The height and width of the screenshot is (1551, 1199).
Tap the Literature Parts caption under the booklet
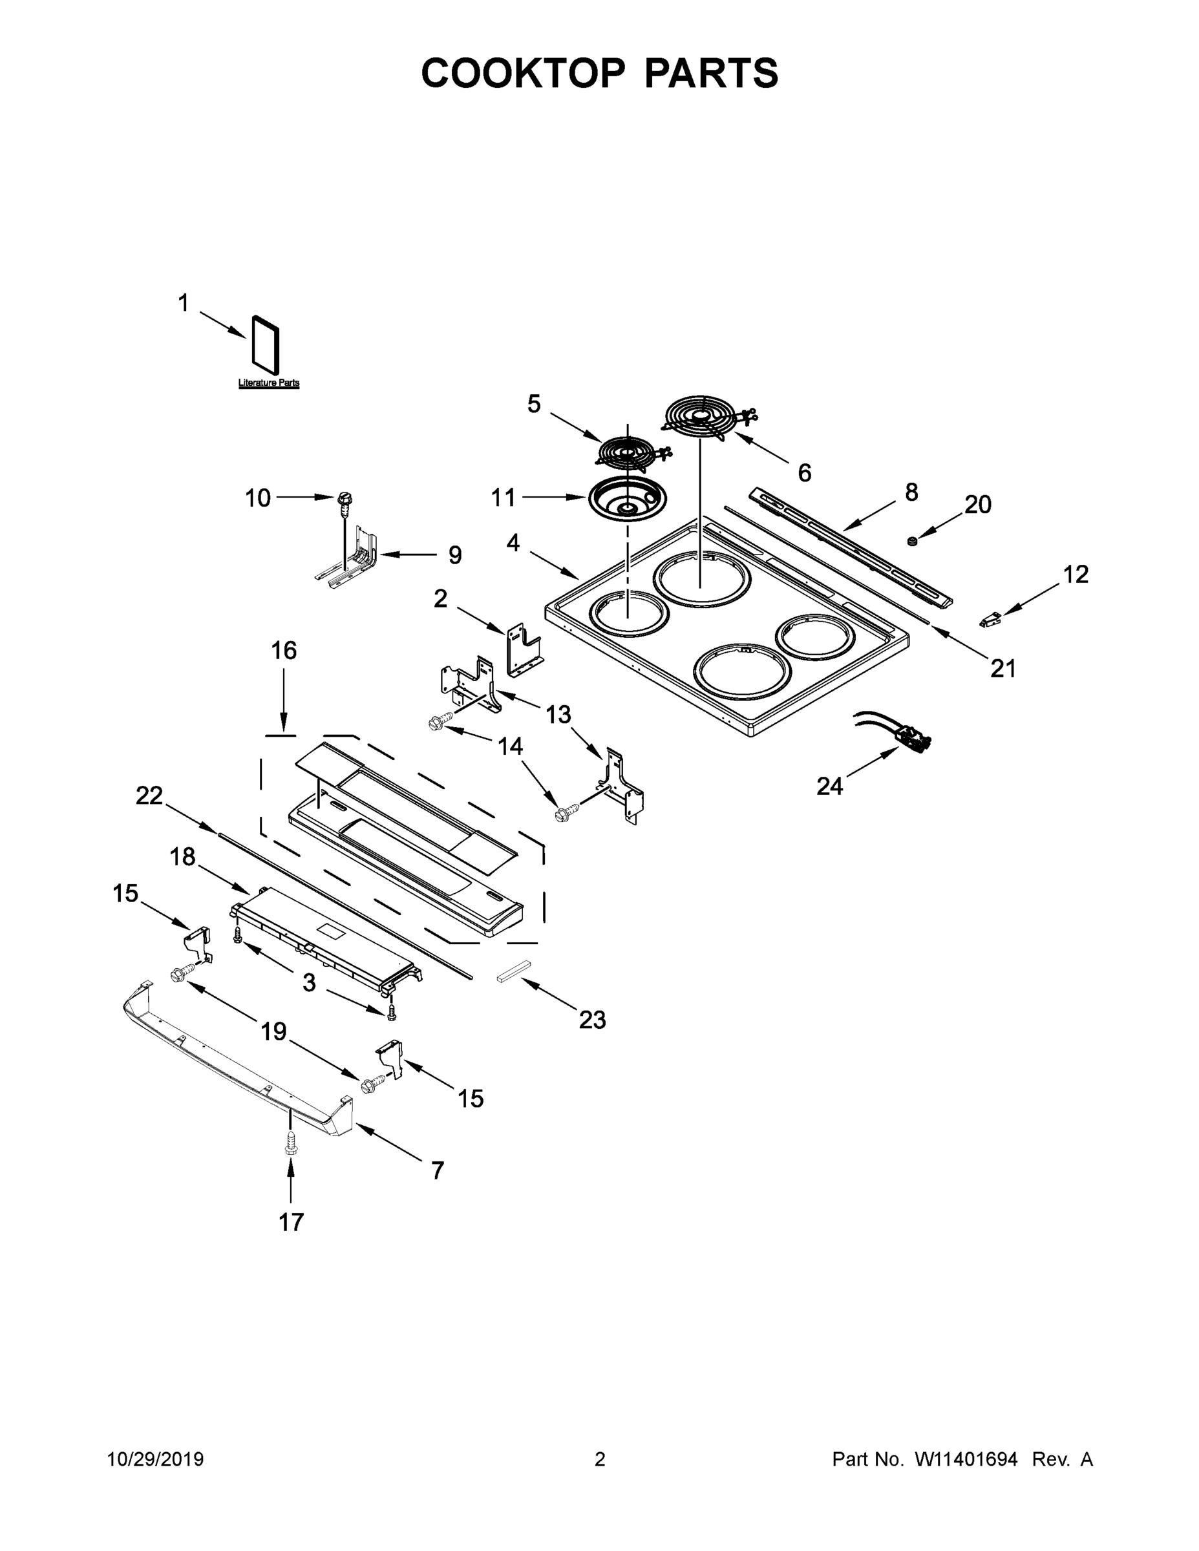268,383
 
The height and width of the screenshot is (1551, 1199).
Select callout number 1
184,303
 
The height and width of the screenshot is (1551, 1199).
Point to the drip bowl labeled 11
622,501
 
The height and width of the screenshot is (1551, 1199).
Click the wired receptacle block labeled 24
912,741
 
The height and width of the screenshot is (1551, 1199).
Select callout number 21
1003,668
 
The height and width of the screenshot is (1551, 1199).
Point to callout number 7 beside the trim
438,1170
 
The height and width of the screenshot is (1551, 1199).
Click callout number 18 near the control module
182,857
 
